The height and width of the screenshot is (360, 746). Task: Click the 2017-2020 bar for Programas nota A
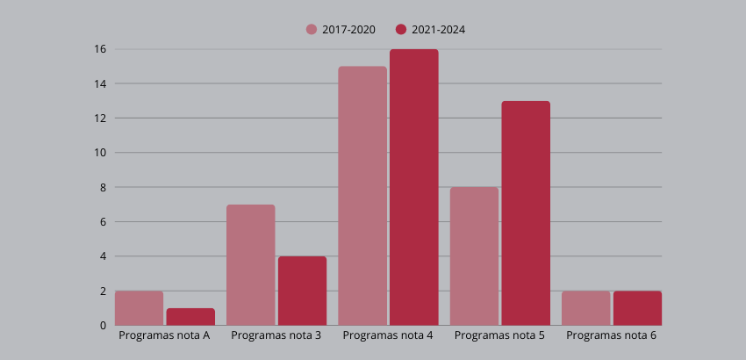[139, 308]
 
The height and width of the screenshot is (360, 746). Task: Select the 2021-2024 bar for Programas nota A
[190, 317]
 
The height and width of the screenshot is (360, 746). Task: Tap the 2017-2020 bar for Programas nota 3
[251, 265]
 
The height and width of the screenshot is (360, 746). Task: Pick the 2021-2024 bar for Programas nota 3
[302, 291]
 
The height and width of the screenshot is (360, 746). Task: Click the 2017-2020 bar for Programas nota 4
[362, 196]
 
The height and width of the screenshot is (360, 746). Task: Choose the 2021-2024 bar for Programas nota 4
[414, 187]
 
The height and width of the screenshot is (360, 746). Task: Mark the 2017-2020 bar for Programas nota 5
[474, 256]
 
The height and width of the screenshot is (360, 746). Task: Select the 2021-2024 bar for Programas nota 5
[526, 213]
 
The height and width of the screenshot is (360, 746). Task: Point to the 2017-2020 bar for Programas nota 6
[585, 308]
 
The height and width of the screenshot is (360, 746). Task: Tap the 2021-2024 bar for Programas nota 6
[638, 308]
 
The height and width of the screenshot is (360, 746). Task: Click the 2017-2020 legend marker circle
[312, 30]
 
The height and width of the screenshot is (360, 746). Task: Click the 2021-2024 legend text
[438, 30]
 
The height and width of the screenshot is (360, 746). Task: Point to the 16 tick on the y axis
[100, 49]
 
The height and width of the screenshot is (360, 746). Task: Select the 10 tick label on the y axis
[100, 153]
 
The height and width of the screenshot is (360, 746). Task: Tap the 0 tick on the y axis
[103, 326]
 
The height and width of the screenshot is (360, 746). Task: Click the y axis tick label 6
[103, 222]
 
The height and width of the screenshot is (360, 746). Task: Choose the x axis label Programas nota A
[164, 335]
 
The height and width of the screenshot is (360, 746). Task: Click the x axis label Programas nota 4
[388, 335]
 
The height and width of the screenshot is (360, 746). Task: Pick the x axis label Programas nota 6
[612, 335]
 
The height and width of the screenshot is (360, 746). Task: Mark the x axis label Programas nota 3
[276, 335]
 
